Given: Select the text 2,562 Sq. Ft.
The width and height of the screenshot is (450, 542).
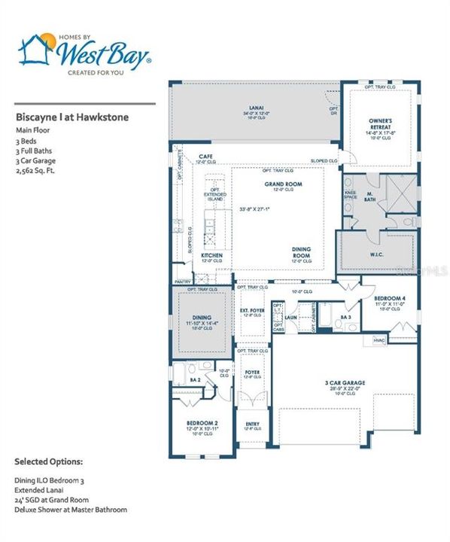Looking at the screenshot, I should pyautogui.click(x=36, y=170).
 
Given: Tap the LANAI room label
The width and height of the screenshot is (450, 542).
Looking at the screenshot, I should pyautogui.click(x=256, y=108).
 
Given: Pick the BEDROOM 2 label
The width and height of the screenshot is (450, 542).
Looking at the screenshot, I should pyautogui.click(x=202, y=424).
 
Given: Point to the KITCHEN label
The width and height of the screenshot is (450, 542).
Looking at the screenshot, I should pyautogui.click(x=211, y=256).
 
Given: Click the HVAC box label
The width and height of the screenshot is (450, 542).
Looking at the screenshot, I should pyautogui.click(x=380, y=341).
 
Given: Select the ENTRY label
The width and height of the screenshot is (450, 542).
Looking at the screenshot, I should pyautogui.click(x=253, y=424).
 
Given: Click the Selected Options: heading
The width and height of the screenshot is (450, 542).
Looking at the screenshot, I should pyautogui.click(x=49, y=460).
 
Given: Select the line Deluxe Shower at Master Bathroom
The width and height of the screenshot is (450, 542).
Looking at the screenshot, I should pyautogui.click(x=71, y=510).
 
